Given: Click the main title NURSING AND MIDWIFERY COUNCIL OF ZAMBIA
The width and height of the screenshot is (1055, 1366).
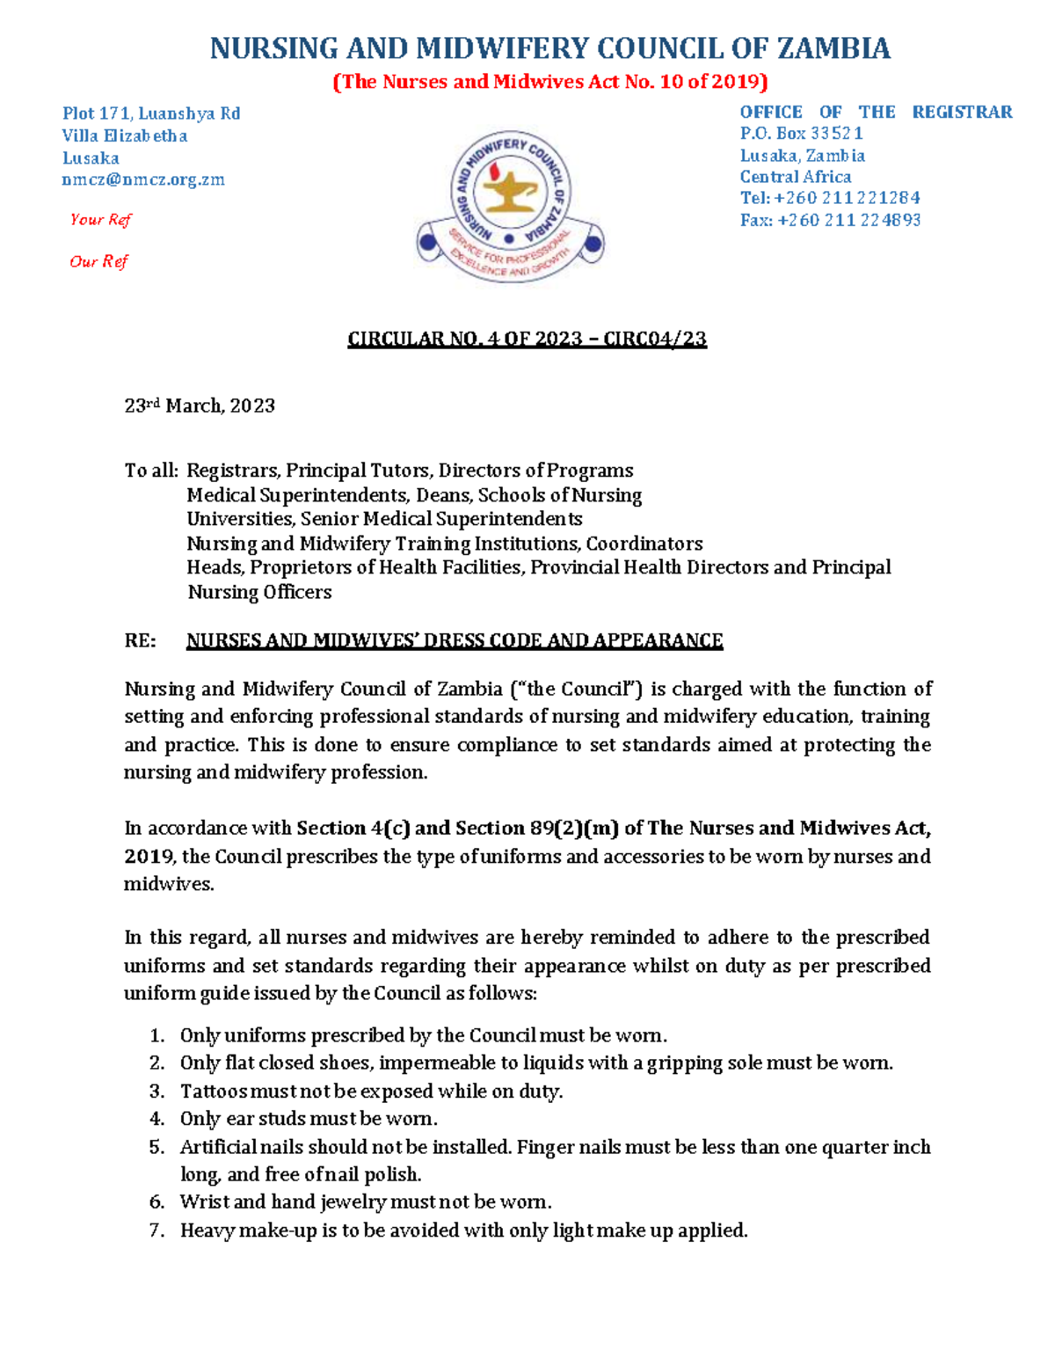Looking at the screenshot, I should point(549,48).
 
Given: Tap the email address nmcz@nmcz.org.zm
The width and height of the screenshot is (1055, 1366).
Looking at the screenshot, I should point(143,179).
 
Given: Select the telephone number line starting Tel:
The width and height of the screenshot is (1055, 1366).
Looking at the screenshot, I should point(829,198).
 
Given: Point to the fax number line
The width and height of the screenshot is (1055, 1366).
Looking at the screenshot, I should point(829,220).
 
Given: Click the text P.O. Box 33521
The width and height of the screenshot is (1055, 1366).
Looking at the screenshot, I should point(801,134).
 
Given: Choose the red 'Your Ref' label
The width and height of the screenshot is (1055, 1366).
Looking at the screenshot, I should point(100,220).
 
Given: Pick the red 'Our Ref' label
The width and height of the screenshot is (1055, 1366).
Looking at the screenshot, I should point(98,261).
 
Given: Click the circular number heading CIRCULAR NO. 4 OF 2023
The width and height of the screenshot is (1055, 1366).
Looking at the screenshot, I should point(527,339).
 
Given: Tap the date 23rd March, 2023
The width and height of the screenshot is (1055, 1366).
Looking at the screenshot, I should point(200,405).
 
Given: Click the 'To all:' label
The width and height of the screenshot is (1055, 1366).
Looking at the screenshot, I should point(150,471).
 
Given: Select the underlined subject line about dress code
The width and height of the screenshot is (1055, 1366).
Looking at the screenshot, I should point(455,640).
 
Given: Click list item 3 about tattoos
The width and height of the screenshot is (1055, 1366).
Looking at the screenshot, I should point(371,1091).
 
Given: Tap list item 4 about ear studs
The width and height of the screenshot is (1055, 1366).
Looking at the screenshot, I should point(309,1119).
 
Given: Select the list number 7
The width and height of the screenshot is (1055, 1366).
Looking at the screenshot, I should point(156,1230).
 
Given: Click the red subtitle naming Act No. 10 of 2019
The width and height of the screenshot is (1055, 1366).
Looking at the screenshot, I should point(549,82).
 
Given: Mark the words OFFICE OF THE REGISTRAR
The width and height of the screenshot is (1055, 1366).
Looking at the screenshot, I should point(875,112).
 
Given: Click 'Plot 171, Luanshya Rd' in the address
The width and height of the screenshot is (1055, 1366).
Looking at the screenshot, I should point(150,113).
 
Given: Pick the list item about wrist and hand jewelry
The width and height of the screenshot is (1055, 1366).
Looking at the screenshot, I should point(366,1202).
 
